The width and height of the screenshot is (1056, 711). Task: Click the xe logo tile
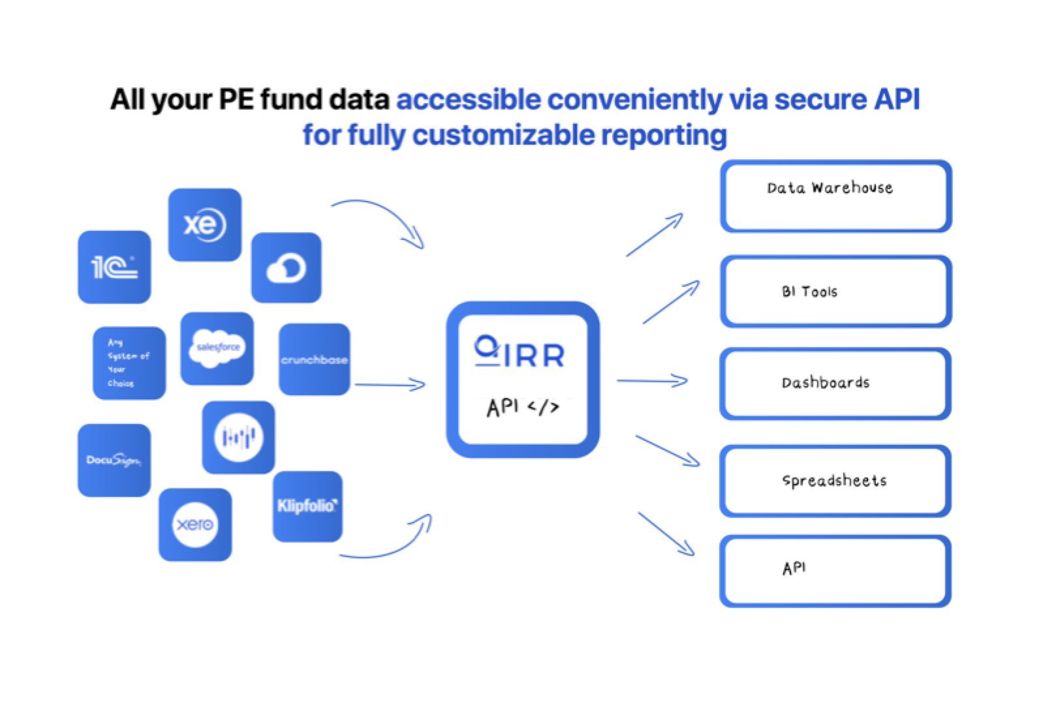point(205,225)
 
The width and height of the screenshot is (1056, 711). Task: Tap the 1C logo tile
point(114,267)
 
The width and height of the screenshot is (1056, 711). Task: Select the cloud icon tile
point(287,267)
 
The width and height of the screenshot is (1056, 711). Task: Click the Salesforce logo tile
point(217,348)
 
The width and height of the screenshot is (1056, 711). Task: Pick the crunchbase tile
point(315,359)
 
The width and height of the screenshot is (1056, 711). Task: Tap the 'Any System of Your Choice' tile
point(129,363)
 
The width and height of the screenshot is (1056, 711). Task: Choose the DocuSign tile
point(114,461)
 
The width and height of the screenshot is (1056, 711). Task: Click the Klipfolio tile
point(307,506)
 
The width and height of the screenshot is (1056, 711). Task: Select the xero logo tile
point(195,524)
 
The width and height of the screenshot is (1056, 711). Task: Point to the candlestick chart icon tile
point(239,437)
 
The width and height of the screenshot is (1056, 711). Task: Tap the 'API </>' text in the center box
point(523,407)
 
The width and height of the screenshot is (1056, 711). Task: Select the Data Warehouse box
point(836,196)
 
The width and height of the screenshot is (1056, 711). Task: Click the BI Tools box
point(836,292)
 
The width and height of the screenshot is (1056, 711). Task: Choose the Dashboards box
point(836,383)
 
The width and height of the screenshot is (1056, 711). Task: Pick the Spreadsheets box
point(836,481)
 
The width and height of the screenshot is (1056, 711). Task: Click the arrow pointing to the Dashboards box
point(652,381)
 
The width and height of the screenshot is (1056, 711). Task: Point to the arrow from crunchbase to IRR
point(390,385)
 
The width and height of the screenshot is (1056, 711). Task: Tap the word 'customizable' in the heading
point(504,135)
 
